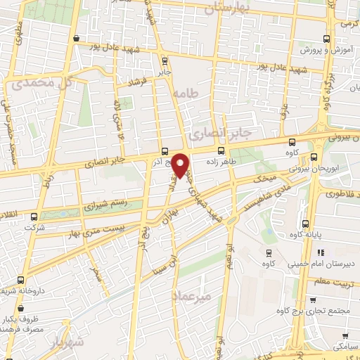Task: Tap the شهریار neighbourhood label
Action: (x=67, y=342)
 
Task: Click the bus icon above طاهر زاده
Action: (x=221, y=150)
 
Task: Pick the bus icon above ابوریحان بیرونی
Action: (x=314, y=158)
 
